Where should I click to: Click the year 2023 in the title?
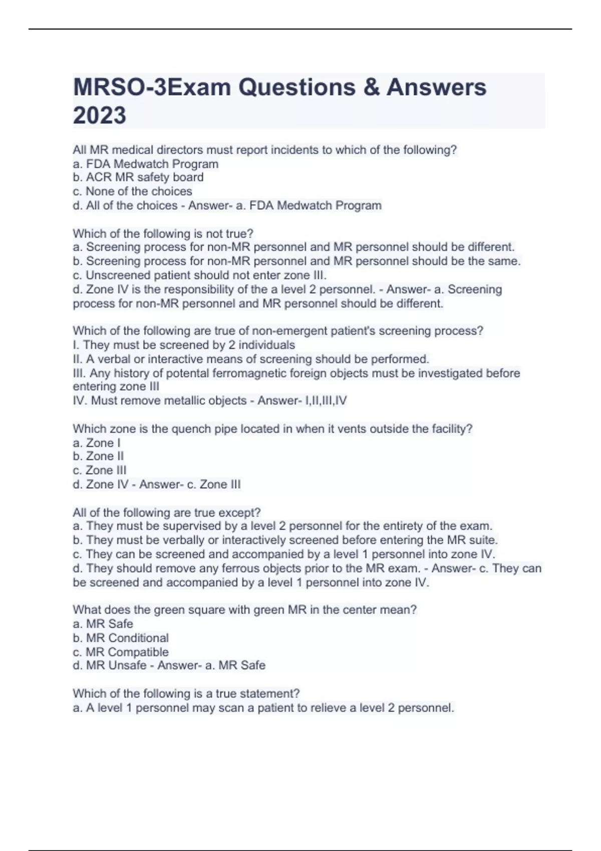pyautogui.click(x=99, y=115)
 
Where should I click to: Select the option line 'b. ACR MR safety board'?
pyautogui.click(x=138, y=177)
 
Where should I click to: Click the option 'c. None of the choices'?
pyautogui.click(x=132, y=191)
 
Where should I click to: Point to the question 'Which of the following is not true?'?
pyautogui.click(x=163, y=233)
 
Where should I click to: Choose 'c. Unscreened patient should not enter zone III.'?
pyautogui.click(x=199, y=275)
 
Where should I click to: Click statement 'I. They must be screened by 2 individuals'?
pyautogui.click(x=184, y=345)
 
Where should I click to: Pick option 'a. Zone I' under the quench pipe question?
pyautogui.click(x=97, y=443)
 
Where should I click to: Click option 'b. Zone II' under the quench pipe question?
pyautogui.click(x=98, y=456)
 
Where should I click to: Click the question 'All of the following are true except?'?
pyautogui.click(x=167, y=513)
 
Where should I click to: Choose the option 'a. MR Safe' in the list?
pyautogui.click(x=103, y=624)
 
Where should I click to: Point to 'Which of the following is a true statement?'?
pyautogui.click(x=186, y=694)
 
